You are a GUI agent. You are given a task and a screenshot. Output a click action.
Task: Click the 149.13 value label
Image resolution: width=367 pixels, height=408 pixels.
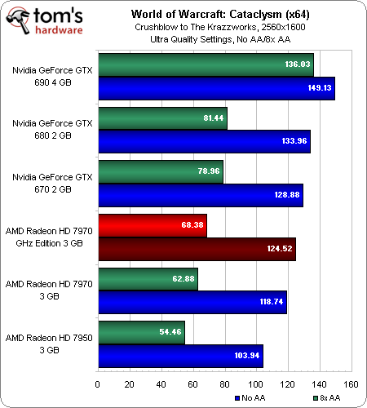point(320,88)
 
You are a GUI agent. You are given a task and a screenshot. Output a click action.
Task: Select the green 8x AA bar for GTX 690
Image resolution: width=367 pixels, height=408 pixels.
point(206,65)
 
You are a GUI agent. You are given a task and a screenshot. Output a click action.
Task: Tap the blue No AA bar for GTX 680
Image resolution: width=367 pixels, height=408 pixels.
point(205,142)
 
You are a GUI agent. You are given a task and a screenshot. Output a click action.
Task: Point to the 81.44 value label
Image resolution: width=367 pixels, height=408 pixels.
point(214,118)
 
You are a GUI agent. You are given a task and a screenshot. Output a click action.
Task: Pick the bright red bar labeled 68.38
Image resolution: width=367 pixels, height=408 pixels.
point(153,225)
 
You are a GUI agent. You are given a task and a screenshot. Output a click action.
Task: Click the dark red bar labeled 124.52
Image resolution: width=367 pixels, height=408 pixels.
point(197,249)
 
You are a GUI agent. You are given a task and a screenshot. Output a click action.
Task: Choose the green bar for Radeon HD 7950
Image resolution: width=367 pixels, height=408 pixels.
point(142,333)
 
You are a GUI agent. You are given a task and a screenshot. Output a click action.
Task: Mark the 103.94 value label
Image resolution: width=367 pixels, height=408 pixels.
point(247,356)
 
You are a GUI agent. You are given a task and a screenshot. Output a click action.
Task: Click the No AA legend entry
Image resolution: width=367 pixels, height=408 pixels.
point(250,398)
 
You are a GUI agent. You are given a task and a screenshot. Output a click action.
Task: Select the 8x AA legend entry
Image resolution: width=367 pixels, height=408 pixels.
point(327,398)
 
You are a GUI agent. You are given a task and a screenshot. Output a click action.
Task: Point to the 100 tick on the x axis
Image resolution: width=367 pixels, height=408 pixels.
point(255,384)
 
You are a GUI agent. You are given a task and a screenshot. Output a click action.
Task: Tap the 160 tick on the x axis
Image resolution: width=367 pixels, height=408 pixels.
point(351,384)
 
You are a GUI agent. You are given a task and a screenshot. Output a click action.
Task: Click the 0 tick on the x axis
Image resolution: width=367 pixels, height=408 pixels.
point(98,384)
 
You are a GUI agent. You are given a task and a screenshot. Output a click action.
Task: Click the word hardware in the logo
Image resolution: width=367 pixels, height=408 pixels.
point(59,29)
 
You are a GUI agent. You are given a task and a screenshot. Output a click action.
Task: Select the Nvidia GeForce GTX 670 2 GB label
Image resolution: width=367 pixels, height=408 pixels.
point(52,183)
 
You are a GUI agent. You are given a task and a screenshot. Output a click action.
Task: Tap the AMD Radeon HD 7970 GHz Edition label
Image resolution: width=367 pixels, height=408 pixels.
point(49,237)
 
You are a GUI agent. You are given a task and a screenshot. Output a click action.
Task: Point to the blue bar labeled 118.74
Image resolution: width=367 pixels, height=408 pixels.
point(192,302)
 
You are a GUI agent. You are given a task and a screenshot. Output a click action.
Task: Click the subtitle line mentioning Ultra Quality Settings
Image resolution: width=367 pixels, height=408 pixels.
point(220,39)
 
